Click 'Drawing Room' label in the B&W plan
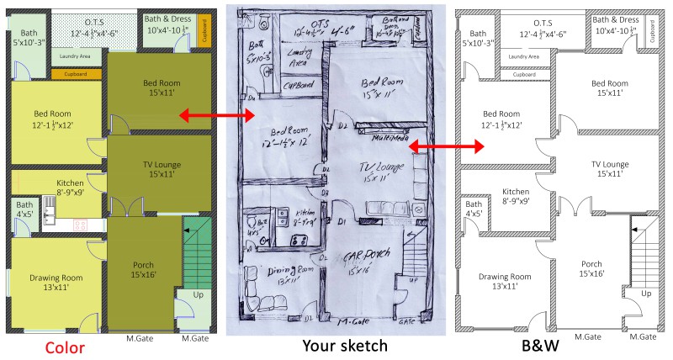point(506,282)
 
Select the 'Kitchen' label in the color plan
point(70,187)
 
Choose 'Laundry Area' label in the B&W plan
point(523,56)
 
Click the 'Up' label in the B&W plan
point(646,294)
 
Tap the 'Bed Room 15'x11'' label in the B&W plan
point(610,87)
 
